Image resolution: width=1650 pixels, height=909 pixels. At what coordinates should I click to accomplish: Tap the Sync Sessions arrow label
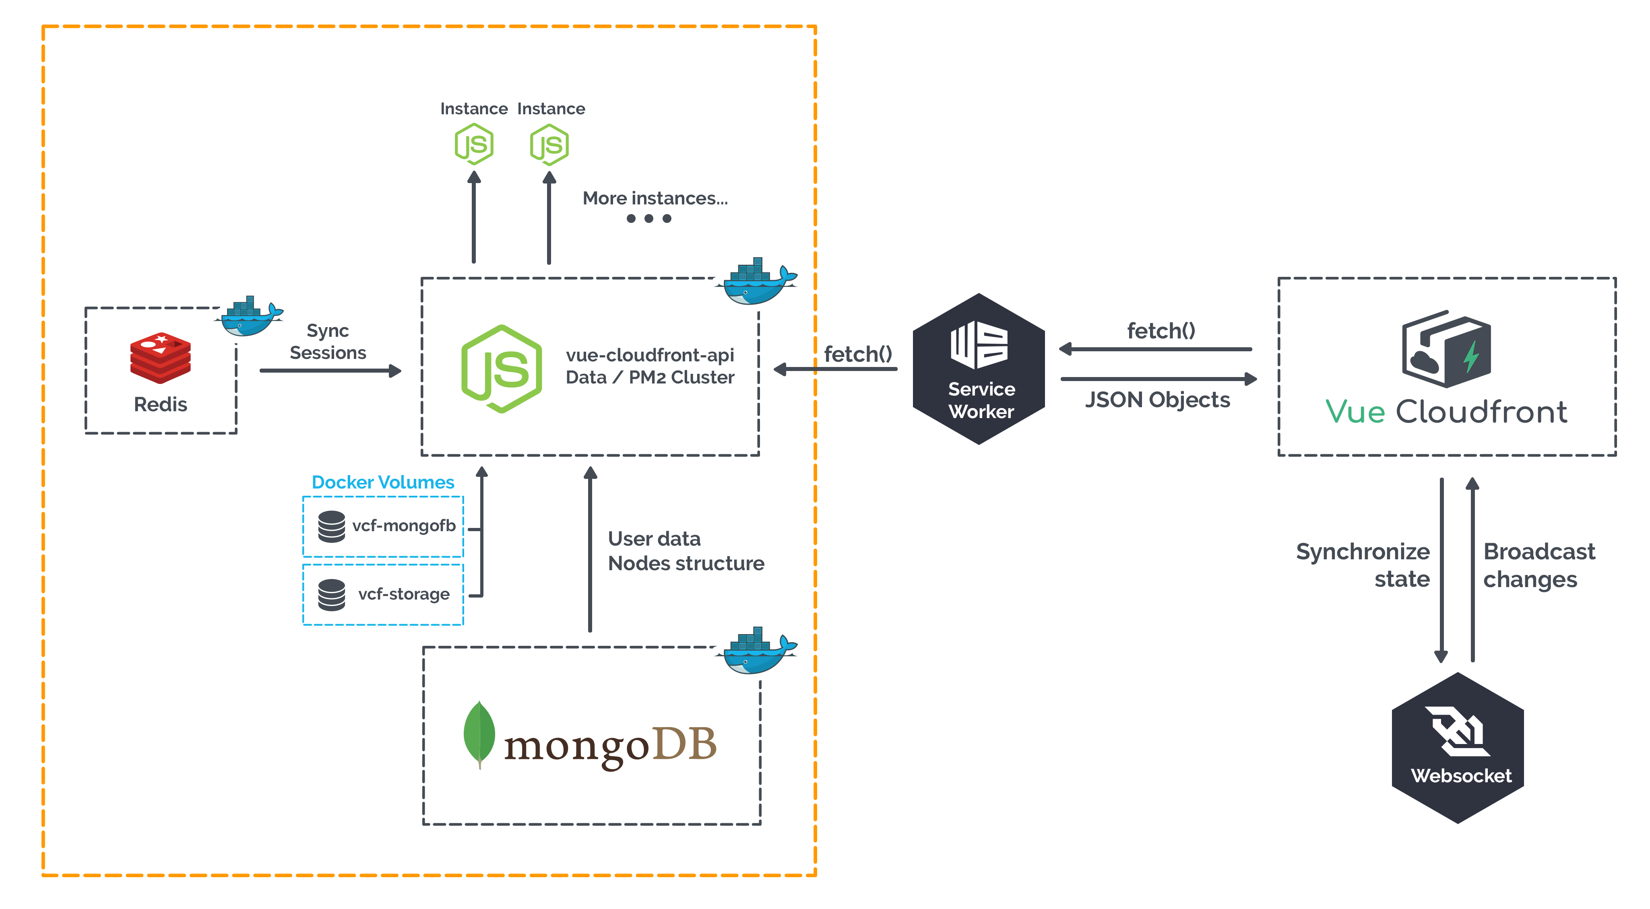tap(328, 342)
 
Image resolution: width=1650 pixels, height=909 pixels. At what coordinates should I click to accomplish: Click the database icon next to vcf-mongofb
tap(331, 526)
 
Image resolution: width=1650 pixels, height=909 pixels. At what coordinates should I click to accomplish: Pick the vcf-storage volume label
tap(403, 594)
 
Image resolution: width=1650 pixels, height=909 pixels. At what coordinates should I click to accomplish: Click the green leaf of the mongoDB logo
tap(479, 733)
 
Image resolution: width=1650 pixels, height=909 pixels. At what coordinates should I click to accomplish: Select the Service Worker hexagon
tap(979, 369)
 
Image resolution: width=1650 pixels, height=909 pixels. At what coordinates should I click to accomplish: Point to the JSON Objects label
tap(1157, 400)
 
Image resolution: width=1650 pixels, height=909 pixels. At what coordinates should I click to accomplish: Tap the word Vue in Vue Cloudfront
tap(1355, 412)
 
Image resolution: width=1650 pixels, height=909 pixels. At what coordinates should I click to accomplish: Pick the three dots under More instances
tap(649, 218)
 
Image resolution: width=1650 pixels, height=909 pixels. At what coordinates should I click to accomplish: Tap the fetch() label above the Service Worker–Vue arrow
tap(1161, 331)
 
